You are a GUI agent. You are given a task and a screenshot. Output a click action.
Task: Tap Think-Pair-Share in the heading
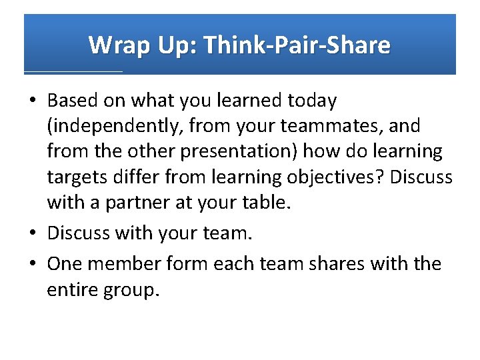click(297, 45)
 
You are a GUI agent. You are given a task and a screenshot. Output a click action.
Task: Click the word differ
click(132, 177)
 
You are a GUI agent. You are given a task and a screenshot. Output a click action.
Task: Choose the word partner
click(126, 202)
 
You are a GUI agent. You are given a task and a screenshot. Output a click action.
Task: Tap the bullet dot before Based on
click(33, 101)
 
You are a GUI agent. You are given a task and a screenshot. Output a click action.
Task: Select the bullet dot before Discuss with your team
click(33, 234)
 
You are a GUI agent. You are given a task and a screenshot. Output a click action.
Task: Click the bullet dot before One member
click(33, 264)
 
